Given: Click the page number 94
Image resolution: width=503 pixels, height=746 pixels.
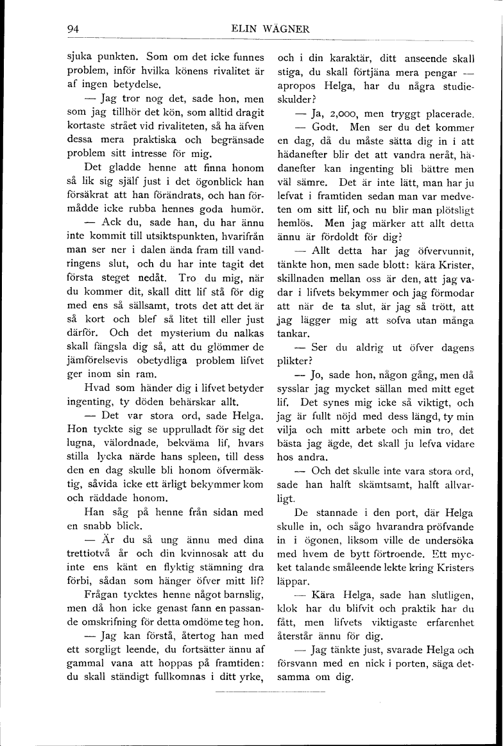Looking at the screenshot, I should coord(72,29).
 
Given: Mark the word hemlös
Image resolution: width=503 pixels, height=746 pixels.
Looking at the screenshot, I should coord(295,225).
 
